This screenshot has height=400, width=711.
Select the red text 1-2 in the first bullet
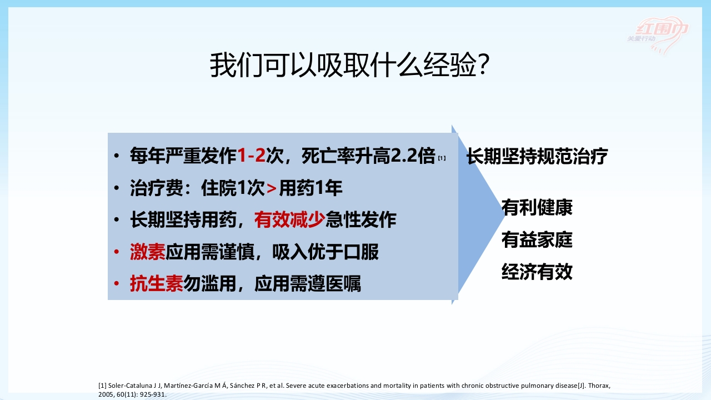click(x=251, y=156)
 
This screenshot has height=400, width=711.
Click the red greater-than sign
click(x=272, y=189)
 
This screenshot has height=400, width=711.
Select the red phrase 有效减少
click(x=289, y=221)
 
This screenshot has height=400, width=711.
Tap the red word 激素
click(x=148, y=252)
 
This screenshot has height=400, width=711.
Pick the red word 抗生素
click(x=157, y=284)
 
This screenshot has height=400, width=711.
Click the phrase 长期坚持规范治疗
click(x=537, y=156)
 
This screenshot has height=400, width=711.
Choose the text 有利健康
click(x=537, y=208)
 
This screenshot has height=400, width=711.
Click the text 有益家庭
click(x=537, y=240)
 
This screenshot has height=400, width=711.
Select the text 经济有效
click(x=537, y=272)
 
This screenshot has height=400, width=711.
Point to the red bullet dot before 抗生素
click(x=116, y=284)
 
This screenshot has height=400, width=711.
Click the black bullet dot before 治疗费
click(x=116, y=189)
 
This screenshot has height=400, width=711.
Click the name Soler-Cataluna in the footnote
click(x=128, y=386)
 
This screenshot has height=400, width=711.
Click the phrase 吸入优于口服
click(x=326, y=252)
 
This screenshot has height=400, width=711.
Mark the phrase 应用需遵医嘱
click(x=308, y=284)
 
